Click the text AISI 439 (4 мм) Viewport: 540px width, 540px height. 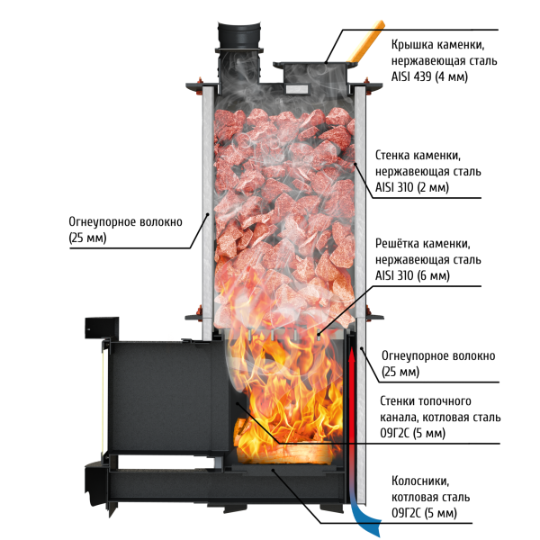coord(429,76)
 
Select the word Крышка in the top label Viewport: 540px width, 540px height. coord(412,45)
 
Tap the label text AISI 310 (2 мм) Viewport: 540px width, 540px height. coord(412,188)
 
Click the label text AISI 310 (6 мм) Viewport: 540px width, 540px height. coord(412,276)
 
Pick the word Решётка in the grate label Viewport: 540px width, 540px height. coord(396,243)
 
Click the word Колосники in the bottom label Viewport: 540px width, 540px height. coord(420,481)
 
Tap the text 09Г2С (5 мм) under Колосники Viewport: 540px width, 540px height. coord(424,513)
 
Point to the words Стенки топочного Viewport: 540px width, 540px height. coord(426,400)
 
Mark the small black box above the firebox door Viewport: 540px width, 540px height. coord(102,328)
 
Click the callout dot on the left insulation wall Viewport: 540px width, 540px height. coord(207,214)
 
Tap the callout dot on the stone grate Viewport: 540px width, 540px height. coord(319,333)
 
